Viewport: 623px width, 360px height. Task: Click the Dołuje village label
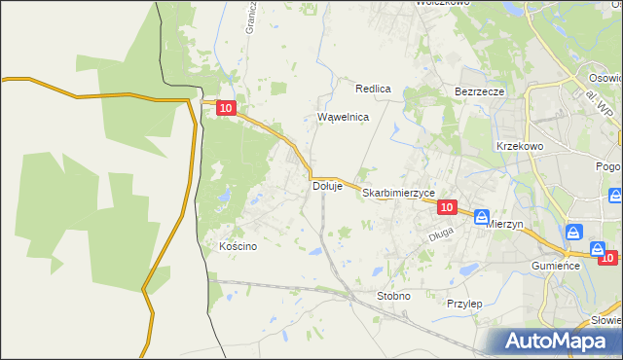327,186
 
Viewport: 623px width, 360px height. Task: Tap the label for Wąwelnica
344,117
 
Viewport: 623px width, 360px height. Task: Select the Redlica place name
373,89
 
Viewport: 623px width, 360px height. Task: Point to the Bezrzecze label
479,91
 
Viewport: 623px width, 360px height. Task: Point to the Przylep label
464,304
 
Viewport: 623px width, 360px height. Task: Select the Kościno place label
238,246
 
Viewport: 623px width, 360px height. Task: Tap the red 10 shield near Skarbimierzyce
447,207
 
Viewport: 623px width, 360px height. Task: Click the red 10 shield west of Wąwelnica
226,110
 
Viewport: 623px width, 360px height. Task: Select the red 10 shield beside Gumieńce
608,257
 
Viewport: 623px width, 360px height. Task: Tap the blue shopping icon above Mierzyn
482,218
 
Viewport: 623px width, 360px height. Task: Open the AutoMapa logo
559,342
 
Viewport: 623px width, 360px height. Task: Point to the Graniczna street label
250,18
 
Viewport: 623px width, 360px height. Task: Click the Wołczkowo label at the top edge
443,3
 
